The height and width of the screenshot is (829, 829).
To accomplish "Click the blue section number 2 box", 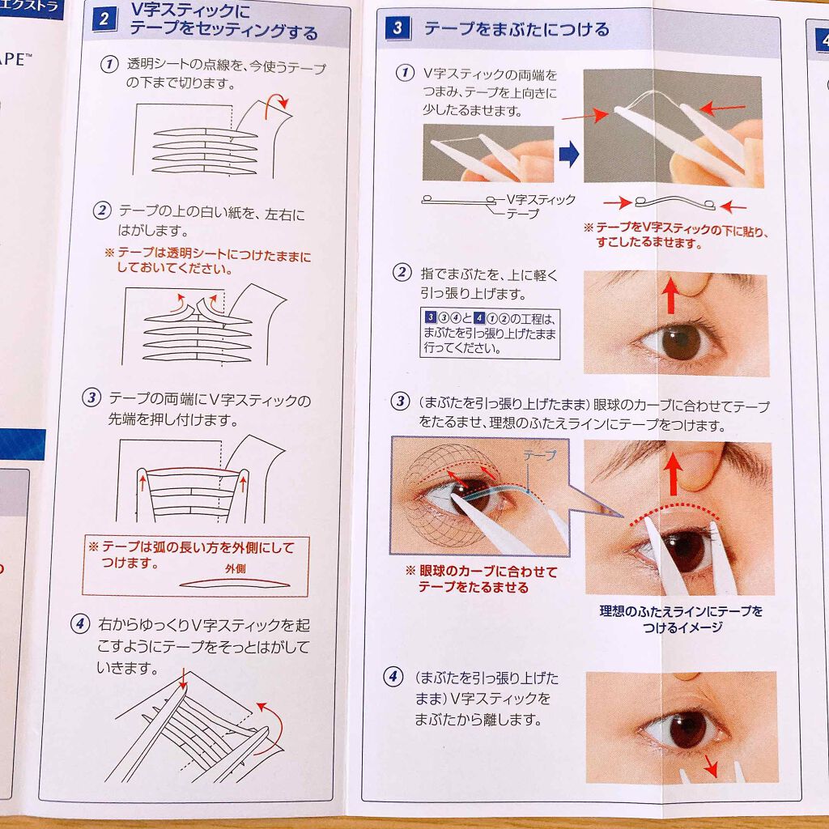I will click(x=104, y=19).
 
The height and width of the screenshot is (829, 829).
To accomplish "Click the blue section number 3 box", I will click(x=397, y=30).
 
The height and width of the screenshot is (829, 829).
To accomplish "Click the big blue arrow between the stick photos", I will click(x=569, y=153).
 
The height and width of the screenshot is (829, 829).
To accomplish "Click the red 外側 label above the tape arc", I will click(x=235, y=568).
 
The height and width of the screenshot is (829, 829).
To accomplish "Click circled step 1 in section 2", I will click(x=108, y=65).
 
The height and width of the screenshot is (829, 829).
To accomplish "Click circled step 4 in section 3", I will click(x=393, y=677).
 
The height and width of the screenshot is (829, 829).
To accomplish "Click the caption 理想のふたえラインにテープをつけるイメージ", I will click(x=680, y=619).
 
